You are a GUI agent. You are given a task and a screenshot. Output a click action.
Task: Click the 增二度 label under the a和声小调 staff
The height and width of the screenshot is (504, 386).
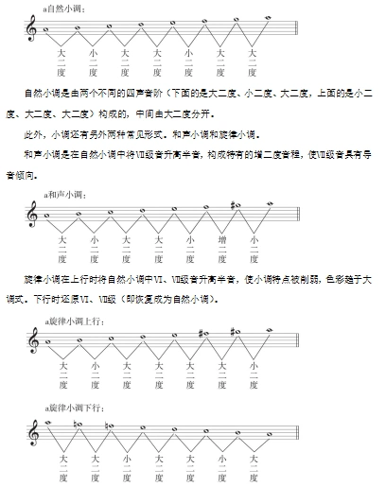click(x=221, y=248)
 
